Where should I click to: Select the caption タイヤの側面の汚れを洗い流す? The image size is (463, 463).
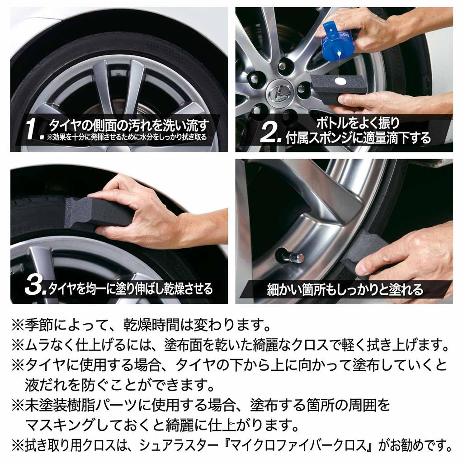(129, 124)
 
